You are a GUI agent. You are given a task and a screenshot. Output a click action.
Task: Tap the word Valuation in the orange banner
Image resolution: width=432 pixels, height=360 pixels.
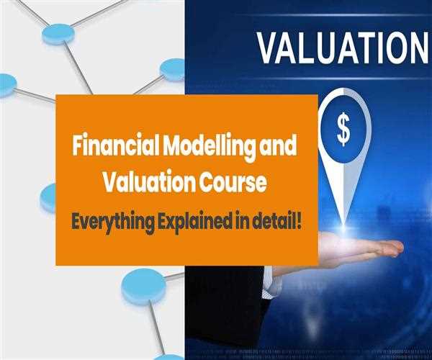[141, 183]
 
